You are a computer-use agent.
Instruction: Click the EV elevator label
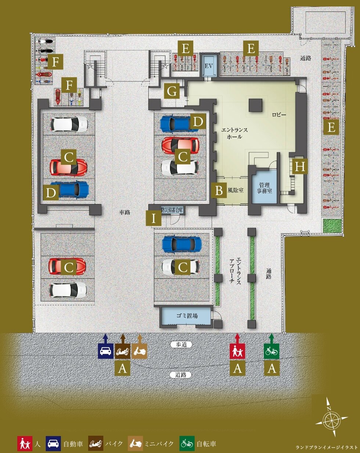[x=209, y=66]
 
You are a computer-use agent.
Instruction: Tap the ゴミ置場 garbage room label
[x=187, y=316]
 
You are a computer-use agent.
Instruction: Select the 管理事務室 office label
[x=264, y=188]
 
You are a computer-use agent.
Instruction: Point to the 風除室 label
[x=235, y=190]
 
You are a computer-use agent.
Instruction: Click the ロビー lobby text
[x=279, y=115]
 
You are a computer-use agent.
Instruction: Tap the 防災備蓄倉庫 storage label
[x=172, y=210]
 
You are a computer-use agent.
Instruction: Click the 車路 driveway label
[x=125, y=212]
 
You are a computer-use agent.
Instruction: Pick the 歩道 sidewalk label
[x=181, y=345]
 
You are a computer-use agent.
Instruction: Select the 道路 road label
[x=181, y=375]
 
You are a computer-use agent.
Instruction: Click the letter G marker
[x=172, y=91]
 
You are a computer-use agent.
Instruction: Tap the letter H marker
[x=300, y=166]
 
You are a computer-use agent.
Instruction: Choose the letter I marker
[x=154, y=218]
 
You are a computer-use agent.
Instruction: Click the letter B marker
[x=219, y=191]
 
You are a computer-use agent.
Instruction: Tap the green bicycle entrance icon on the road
[x=271, y=351]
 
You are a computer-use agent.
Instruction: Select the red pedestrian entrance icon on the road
[x=237, y=351]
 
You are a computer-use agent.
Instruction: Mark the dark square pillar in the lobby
[x=256, y=105]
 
